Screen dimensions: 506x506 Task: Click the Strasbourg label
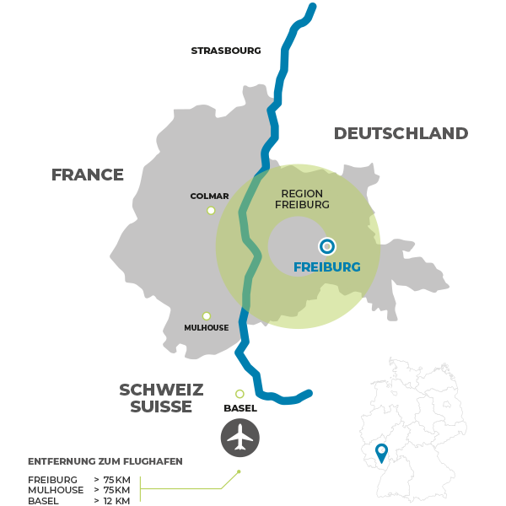225,51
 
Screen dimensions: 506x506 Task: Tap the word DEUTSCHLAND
401,133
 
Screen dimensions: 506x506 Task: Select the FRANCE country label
88,175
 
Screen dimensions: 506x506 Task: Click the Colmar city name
209,196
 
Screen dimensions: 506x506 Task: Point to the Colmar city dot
211,211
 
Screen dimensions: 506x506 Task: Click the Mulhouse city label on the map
206,327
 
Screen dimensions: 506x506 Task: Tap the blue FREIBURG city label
326,267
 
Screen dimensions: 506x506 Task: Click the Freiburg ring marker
327,246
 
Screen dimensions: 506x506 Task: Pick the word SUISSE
161,406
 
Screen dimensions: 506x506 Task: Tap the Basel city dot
240,394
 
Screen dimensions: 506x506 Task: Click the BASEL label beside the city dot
240,408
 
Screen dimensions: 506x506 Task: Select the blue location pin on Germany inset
381,452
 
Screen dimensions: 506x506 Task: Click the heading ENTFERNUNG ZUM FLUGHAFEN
105,461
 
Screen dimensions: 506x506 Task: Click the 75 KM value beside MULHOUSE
117,490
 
